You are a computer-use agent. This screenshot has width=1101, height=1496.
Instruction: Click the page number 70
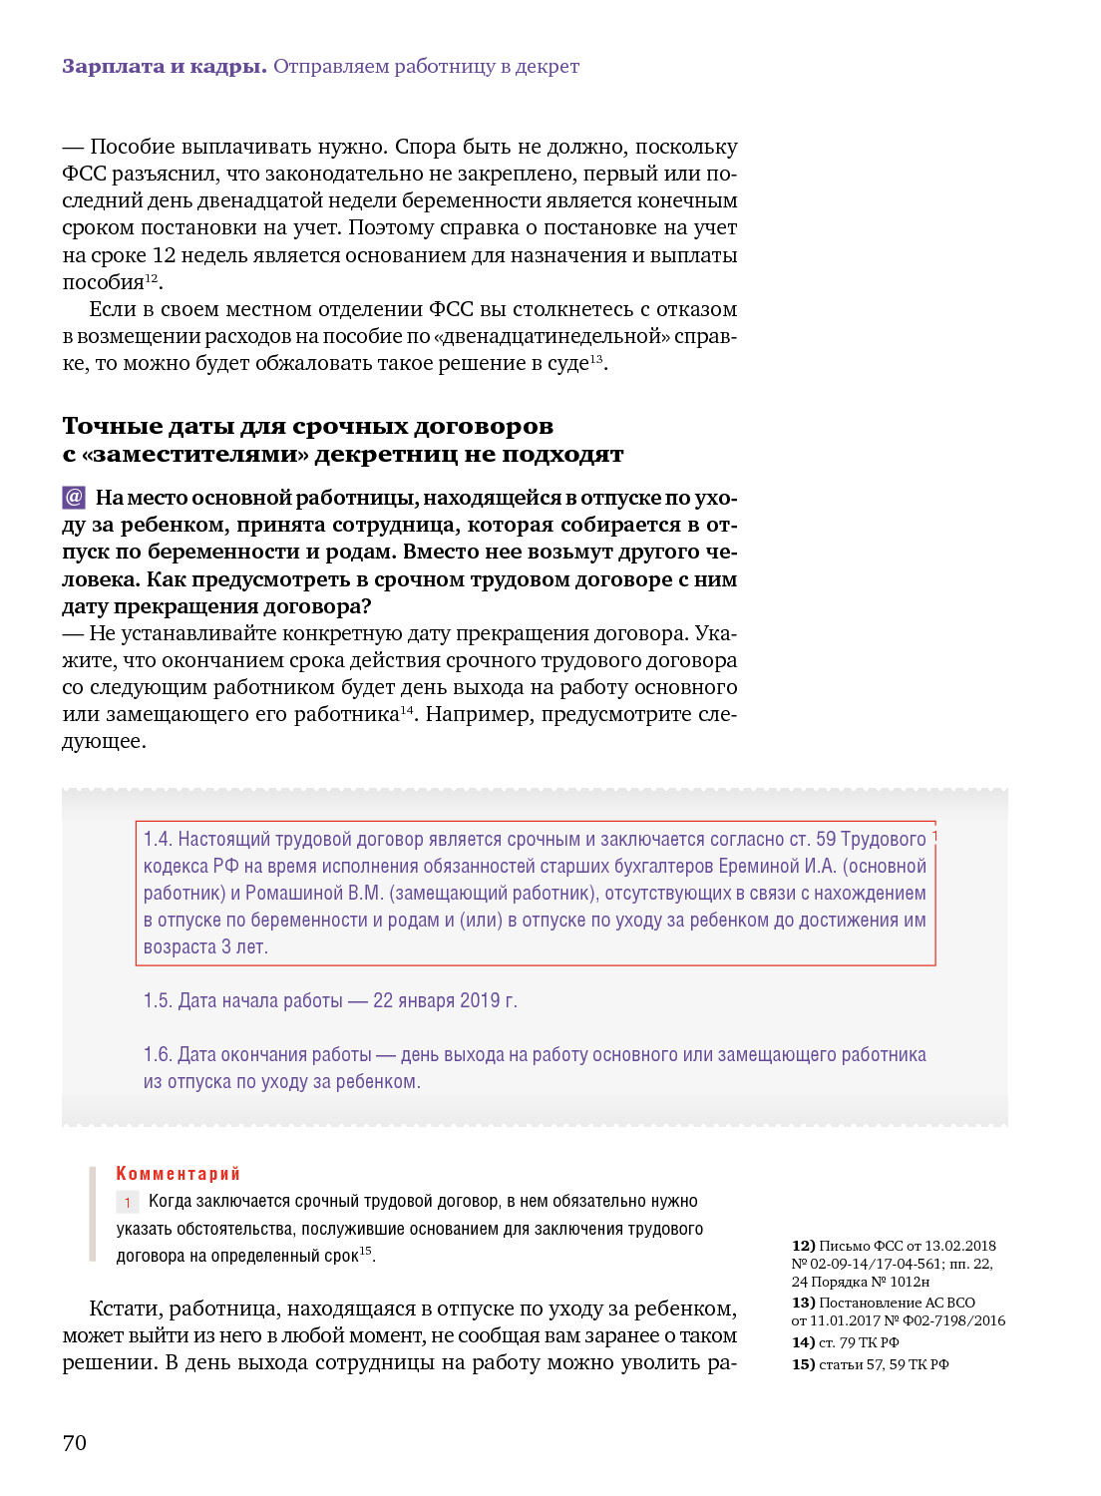click(75, 1442)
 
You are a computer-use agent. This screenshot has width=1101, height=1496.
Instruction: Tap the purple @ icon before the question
click(74, 497)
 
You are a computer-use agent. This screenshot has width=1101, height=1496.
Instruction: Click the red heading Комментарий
click(178, 1174)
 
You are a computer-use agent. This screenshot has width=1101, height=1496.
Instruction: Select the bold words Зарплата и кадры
click(164, 66)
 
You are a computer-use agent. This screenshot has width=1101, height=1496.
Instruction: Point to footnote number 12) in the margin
click(803, 1246)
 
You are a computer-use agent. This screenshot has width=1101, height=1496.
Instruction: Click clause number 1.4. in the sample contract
click(157, 840)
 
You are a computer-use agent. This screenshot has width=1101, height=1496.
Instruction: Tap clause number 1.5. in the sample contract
click(157, 1000)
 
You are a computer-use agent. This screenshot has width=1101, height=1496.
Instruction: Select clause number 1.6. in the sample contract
click(157, 1055)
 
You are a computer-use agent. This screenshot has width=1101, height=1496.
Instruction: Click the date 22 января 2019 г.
click(445, 1000)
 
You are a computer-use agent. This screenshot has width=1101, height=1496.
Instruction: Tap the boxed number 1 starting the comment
click(128, 1203)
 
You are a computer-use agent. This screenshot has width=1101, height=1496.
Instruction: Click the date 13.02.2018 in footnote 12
click(960, 1246)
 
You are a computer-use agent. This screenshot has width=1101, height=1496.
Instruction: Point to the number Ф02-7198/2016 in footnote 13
click(953, 1320)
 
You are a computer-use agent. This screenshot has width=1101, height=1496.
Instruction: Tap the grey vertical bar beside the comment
click(92, 1214)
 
